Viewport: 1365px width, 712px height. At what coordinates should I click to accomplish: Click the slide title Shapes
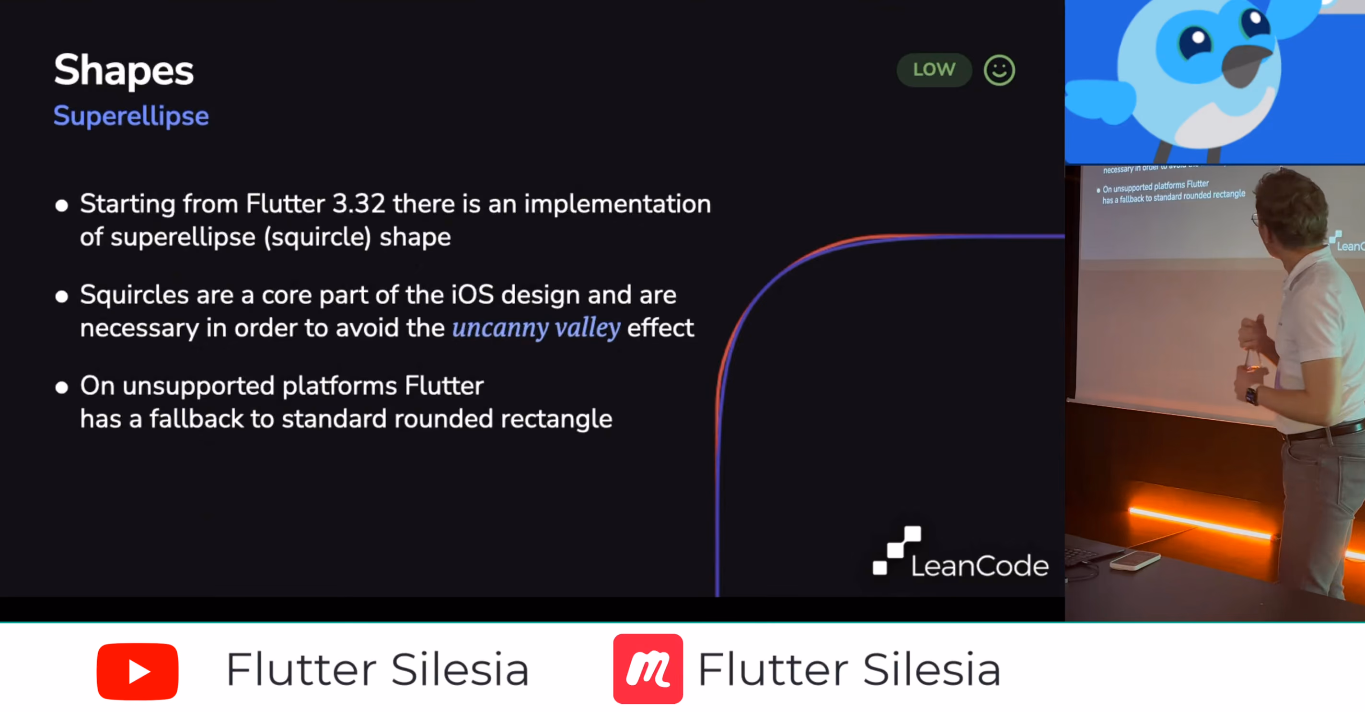124,71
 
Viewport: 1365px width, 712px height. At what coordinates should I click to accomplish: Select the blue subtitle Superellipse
131,116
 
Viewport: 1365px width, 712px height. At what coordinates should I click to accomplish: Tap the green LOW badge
934,69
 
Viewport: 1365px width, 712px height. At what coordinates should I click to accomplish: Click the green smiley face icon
999,70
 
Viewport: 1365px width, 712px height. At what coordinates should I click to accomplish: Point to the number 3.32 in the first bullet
359,204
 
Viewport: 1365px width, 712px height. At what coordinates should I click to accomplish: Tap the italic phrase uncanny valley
536,328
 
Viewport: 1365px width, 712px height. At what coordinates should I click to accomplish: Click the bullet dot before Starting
61,206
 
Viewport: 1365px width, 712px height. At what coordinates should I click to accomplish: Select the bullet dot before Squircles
61,297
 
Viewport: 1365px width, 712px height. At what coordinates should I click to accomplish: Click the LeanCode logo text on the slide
980,565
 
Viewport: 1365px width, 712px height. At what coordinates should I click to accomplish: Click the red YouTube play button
138,671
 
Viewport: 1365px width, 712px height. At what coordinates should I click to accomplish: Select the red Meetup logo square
648,668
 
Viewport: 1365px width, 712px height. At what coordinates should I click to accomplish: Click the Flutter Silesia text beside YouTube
378,670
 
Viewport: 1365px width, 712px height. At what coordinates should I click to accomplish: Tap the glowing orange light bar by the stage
1201,523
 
